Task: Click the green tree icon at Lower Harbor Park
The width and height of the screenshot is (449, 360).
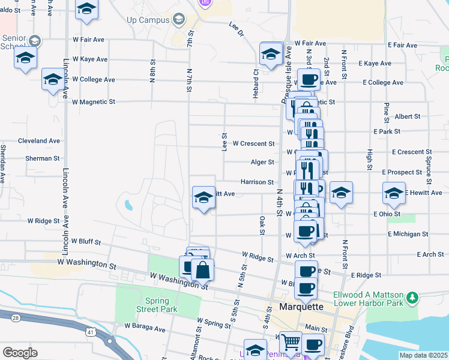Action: tap(412, 298)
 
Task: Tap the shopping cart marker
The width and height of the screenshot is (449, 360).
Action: tap(291, 342)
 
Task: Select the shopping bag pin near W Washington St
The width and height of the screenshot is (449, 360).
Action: tap(203, 270)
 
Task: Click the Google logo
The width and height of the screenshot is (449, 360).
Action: tap(20, 352)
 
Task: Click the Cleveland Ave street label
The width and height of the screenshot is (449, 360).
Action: tap(39, 141)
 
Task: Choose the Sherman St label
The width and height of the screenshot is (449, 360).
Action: tap(43, 159)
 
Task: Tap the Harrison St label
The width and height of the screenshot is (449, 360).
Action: tap(257, 182)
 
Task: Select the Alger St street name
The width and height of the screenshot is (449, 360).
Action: tap(262, 162)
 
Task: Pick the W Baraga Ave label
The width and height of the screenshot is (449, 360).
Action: tap(144, 328)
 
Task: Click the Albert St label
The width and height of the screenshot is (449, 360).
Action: tap(408, 116)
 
